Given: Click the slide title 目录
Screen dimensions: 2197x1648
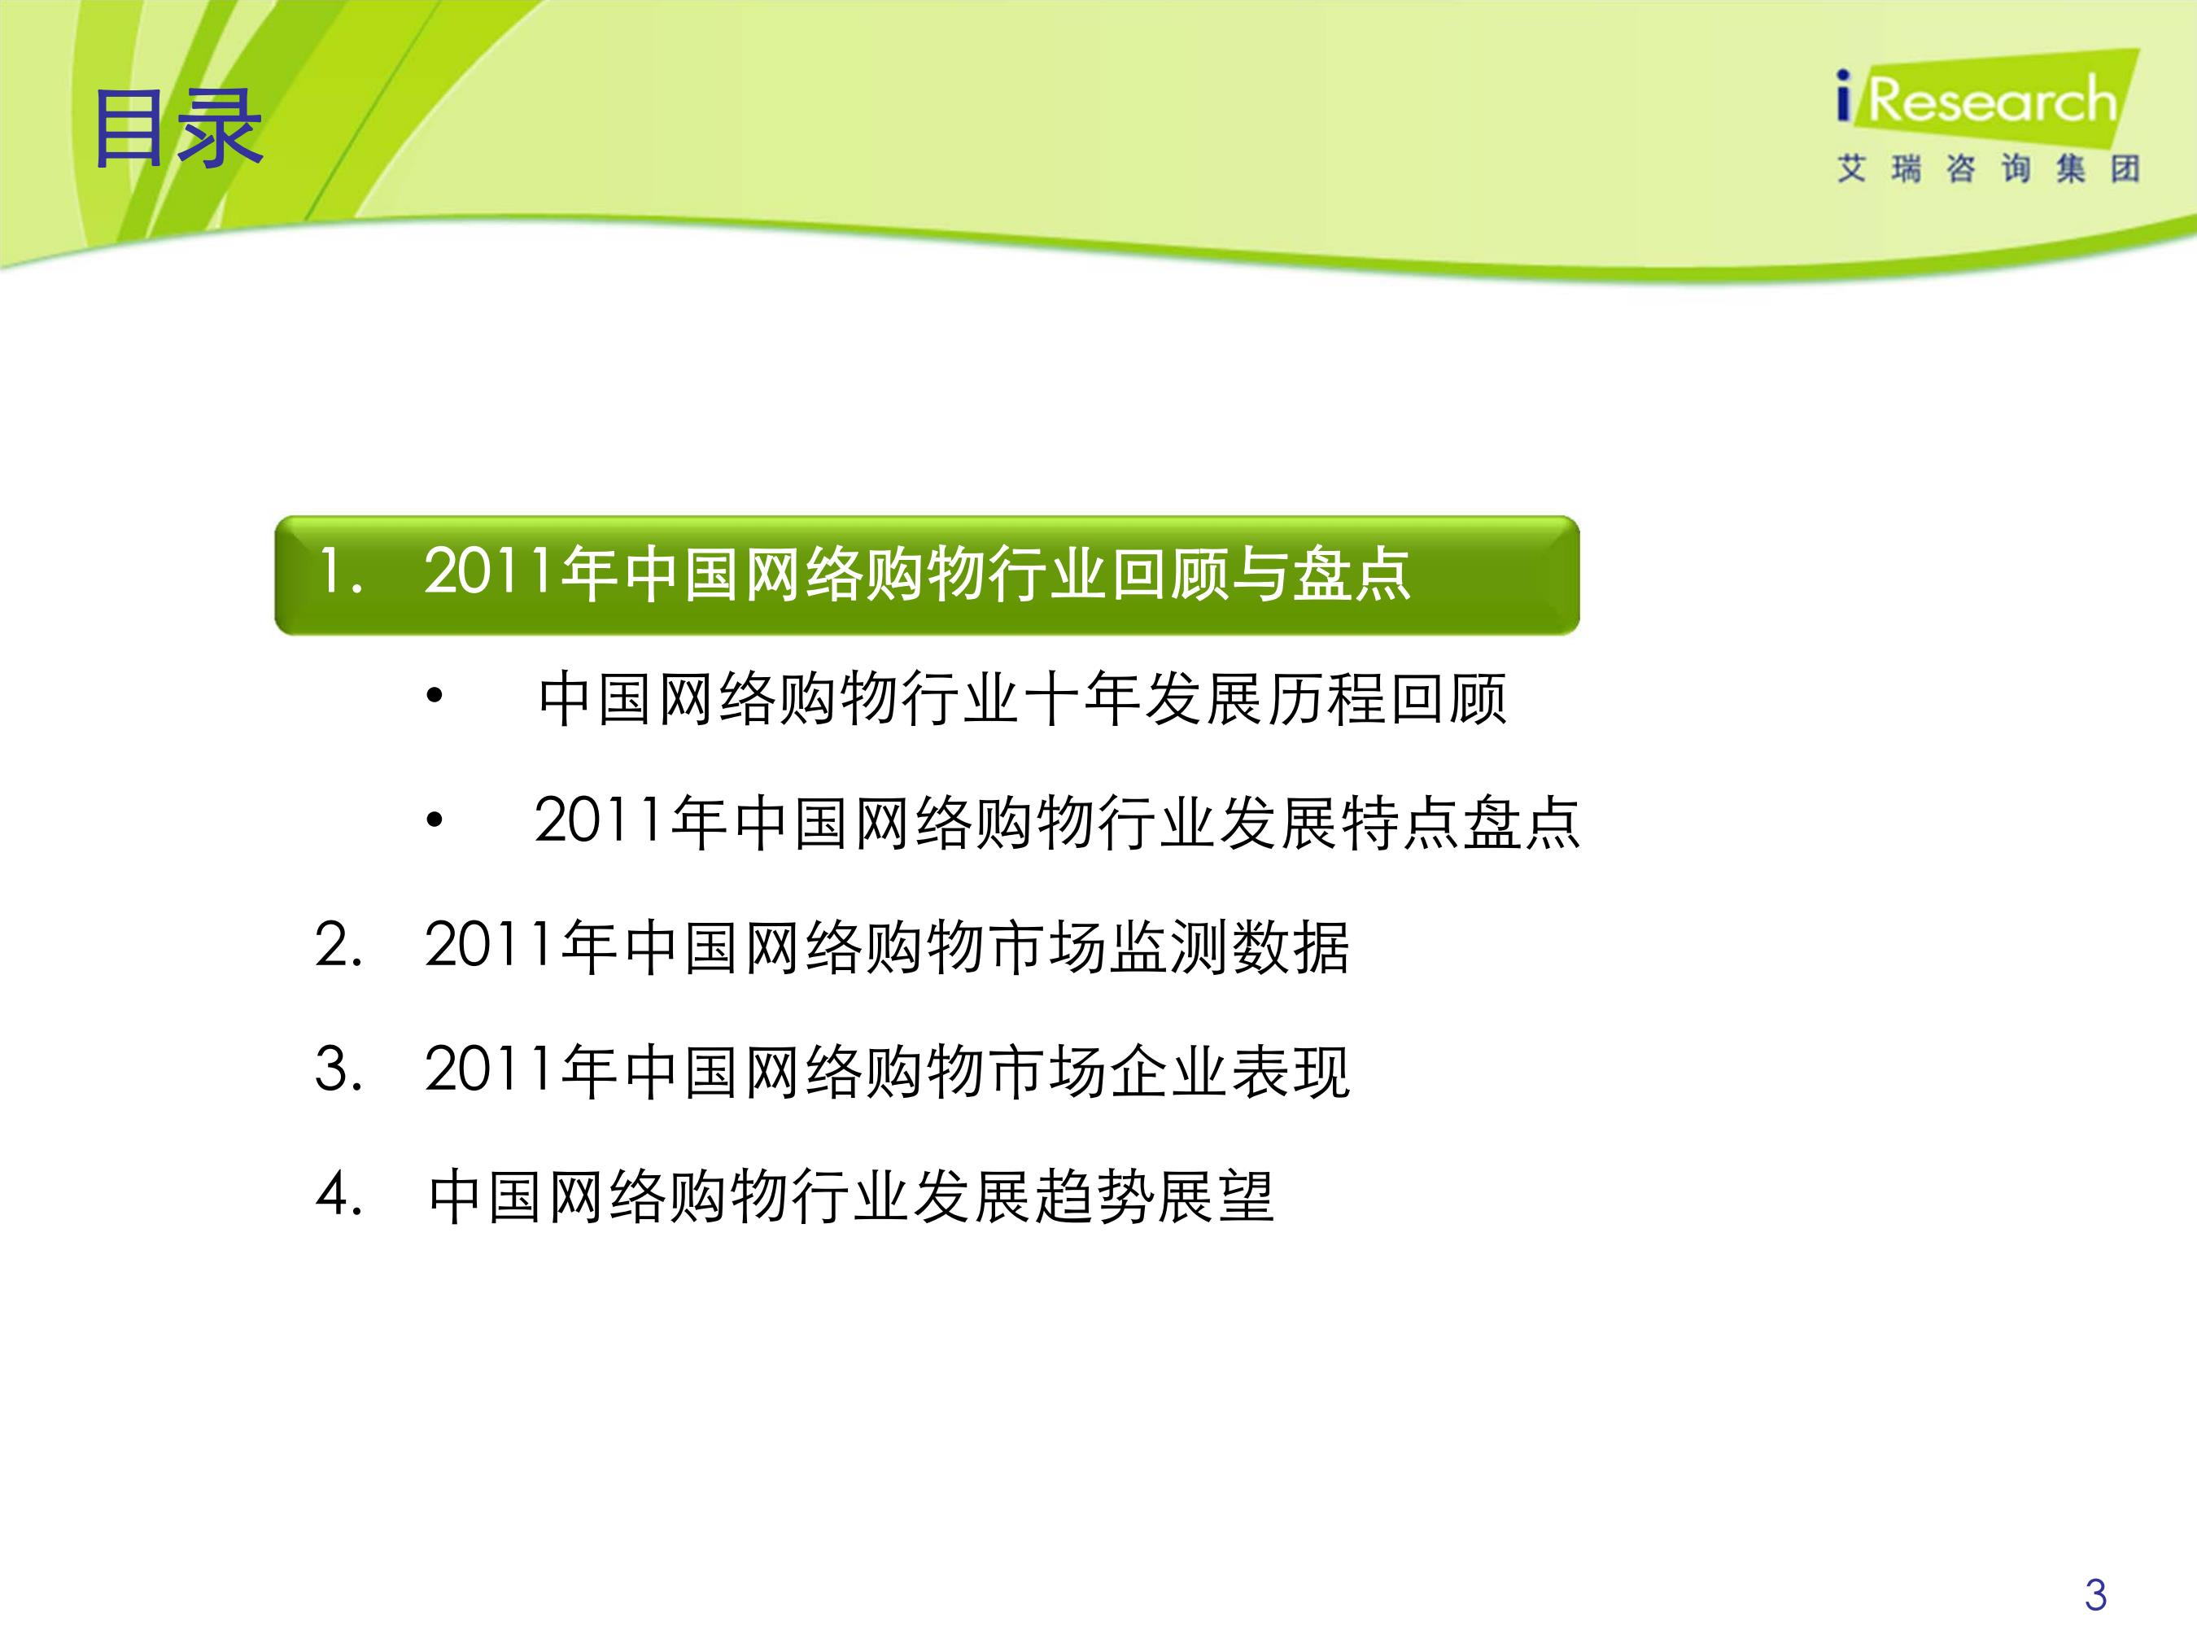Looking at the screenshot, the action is pos(177,129).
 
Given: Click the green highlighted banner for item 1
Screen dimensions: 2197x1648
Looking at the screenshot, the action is pos(927,575).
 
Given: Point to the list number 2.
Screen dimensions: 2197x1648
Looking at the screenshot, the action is pos(339,945).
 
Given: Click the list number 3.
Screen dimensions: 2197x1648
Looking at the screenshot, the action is pos(339,1070).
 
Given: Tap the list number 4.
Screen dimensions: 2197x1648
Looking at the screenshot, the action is pos(339,1194).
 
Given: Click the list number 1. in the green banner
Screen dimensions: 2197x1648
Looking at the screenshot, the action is pos(339,573).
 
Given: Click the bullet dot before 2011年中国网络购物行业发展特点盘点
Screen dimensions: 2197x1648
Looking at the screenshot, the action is pos(434,820).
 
